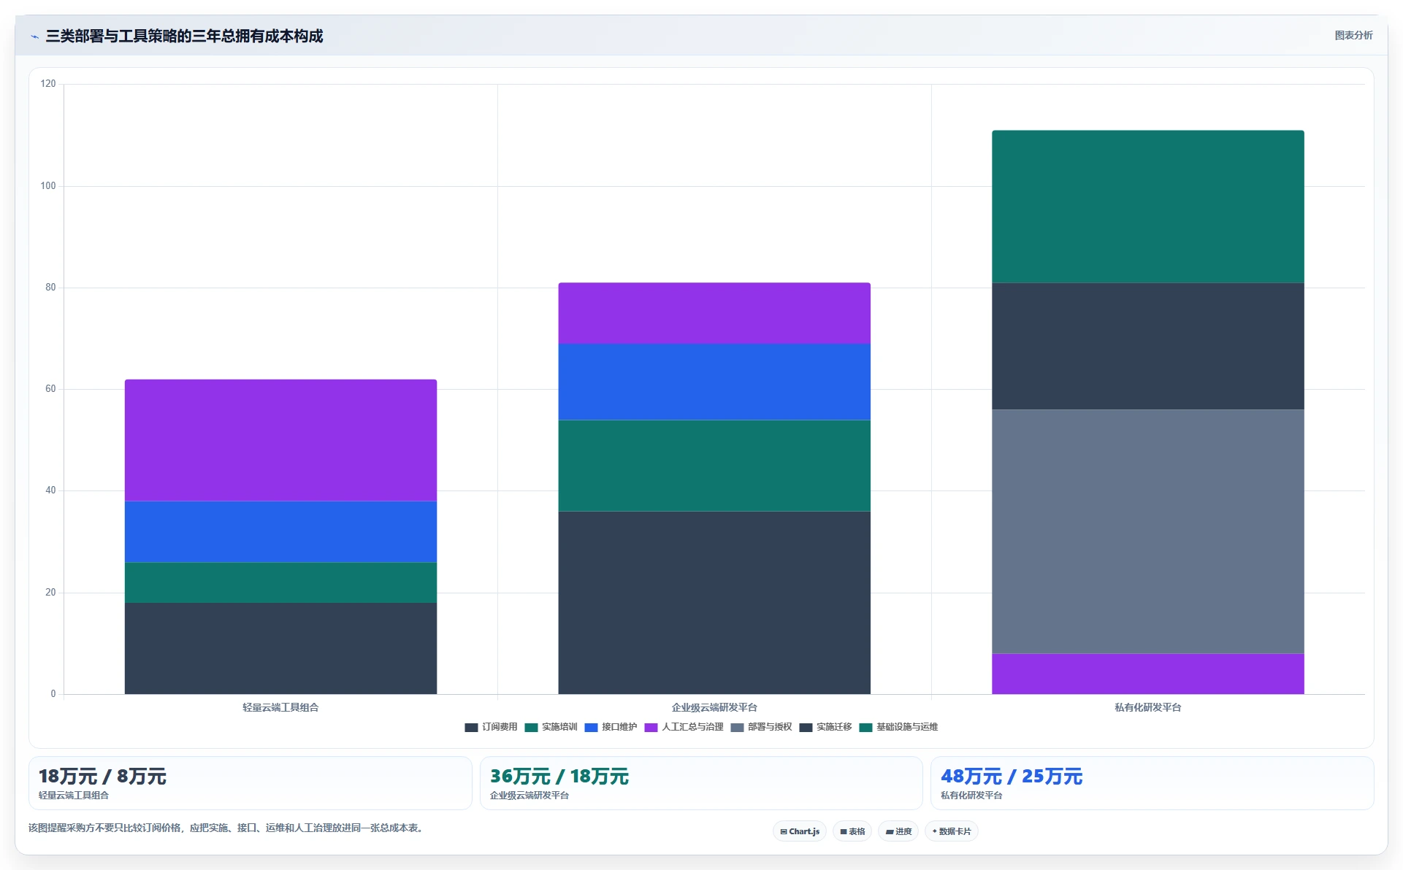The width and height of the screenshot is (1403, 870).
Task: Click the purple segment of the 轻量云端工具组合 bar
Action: [x=280, y=440]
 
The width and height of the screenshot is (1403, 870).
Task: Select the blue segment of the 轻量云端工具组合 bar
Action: [x=280, y=532]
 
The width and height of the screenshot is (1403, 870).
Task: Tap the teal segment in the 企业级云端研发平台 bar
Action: [x=714, y=466]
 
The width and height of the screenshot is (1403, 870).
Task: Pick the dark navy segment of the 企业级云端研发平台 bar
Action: [x=714, y=603]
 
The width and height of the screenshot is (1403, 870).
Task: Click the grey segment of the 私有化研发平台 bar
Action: [x=1148, y=532]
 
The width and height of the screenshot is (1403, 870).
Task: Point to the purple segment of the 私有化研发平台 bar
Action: [x=1148, y=674]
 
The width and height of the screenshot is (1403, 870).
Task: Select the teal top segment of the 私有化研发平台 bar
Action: [x=1148, y=207]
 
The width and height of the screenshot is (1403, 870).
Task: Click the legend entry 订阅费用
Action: [x=491, y=727]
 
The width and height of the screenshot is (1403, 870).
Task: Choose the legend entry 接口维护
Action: [x=611, y=727]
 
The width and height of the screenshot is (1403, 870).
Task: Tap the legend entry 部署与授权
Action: [x=761, y=727]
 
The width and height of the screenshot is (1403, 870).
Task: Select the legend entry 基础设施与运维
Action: [x=898, y=727]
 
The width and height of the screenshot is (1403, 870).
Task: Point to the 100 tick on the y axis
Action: [x=48, y=186]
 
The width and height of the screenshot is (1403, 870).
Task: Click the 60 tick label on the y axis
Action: [x=50, y=389]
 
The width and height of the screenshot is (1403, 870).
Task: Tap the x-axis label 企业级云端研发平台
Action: [x=714, y=707]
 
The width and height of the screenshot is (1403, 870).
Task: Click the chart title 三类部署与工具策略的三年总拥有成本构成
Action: [x=184, y=36]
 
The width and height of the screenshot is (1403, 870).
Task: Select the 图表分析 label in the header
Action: [x=1353, y=35]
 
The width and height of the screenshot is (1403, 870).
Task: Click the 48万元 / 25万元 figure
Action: [x=1012, y=777]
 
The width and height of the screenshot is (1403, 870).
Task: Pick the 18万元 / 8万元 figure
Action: [x=102, y=777]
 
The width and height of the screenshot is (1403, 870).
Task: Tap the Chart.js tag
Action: [x=800, y=831]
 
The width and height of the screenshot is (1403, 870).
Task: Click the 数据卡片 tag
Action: [x=952, y=831]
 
